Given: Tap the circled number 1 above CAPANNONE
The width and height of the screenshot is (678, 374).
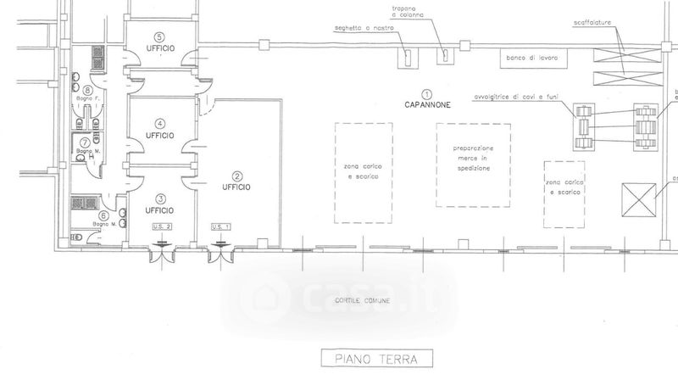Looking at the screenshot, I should (427, 93).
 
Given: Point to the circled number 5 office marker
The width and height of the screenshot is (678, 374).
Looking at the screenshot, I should (158, 36).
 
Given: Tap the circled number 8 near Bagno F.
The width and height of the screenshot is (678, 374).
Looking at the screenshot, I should (87, 90).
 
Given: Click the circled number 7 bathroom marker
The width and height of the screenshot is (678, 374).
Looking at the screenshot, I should (85, 142).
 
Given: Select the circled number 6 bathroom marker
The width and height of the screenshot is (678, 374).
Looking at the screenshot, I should (104, 215).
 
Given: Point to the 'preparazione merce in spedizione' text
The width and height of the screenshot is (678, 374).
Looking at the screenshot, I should (473, 158).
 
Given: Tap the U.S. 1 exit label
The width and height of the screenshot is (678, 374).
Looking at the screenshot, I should (221, 226).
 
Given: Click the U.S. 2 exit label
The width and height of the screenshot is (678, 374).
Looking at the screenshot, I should (162, 226).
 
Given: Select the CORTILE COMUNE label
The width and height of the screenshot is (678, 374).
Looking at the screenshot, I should (361, 303).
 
